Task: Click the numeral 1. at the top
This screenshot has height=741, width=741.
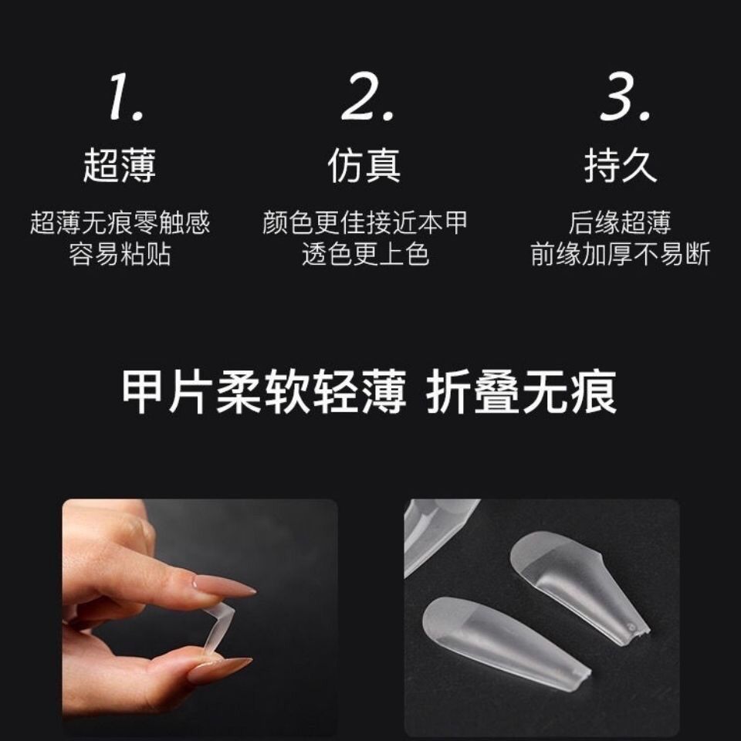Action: (x=126, y=97)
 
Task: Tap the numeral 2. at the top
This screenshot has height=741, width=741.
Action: (x=367, y=97)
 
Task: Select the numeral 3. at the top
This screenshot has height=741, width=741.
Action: (x=625, y=97)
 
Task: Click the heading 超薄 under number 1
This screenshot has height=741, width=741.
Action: (x=120, y=165)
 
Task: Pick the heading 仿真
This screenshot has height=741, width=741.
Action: (x=364, y=165)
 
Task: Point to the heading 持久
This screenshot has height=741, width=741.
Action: (x=621, y=165)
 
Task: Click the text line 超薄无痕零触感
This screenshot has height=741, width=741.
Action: (x=120, y=222)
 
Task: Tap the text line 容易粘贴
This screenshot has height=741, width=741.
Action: (x=120, y=254)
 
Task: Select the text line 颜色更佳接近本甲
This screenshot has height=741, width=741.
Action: (x=365, y=222)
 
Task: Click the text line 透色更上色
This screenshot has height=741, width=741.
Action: (x=365, y=254)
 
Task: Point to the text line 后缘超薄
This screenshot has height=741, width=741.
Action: (x=620, y=222)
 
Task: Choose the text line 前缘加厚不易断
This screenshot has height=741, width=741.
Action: (x=621, y=254)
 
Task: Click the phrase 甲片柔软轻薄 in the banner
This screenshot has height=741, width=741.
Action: (x=264, y=392)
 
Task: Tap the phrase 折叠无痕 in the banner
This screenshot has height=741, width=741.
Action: (x=522, y=392)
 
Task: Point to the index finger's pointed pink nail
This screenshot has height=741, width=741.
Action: (x=222, y=585)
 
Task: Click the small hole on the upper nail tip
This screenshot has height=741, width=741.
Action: (x=630, y=627)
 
